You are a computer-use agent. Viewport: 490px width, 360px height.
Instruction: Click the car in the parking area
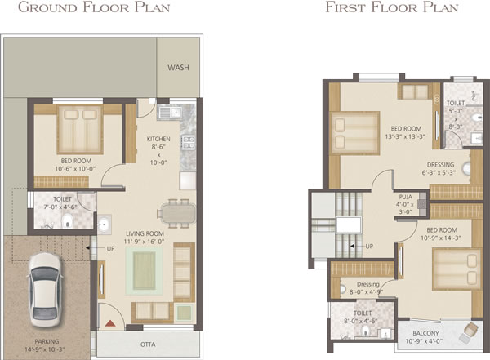click(45, 290)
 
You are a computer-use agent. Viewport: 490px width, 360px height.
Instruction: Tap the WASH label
click(178, 68)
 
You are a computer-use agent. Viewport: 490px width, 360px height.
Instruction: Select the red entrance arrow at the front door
click(110, 323)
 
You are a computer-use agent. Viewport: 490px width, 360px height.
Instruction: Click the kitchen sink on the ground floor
click(170, 112)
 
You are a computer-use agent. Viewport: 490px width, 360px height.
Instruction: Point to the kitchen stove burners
click(189, 142)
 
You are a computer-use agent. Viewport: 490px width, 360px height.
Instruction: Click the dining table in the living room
click(176, 213)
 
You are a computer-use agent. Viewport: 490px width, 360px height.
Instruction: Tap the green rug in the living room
click(145, 271)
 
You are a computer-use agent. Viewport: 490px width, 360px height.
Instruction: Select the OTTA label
click(148, 344)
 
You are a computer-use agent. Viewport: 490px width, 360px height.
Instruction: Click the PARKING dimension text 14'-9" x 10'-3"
click(45, 349)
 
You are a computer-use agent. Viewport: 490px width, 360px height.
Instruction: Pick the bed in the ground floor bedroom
click(80, 130)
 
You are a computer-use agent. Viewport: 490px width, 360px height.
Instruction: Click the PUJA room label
click(406, 197)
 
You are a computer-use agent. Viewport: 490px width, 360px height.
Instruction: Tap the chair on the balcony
click(470, 332)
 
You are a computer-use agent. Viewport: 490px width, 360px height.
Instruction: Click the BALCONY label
click(425, 333)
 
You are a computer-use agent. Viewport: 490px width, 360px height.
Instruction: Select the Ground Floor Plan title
click(94, 7)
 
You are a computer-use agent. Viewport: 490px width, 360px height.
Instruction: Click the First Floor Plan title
click(392, 7)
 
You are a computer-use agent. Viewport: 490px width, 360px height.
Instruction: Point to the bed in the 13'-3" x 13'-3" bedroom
click(355, 133)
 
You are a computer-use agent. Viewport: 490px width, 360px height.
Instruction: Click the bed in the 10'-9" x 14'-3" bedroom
click(457, 269)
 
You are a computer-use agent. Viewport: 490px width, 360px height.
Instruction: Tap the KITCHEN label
click(158, 139)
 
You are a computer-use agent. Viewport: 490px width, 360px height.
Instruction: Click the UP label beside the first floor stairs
click(369, 247)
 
